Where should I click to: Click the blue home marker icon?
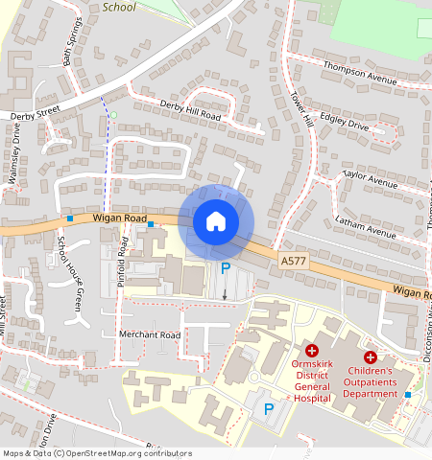tap(216, 221)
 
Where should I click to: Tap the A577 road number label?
tap(294, 260)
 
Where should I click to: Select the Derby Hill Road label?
tap(190, 109)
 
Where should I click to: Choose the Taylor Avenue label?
tap(370, 179)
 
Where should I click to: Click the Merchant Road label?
tap(149, 335)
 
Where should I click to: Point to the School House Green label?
tap(70, 275)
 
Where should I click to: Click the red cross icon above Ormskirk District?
tap(312, 353)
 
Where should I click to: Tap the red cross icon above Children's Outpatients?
tap(371, 356)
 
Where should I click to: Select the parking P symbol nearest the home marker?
tap(226, 269)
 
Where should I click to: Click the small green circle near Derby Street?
tap(113, 115)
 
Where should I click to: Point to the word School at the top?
tap(119, 7)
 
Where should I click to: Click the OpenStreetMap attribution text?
tap(96, 453)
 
